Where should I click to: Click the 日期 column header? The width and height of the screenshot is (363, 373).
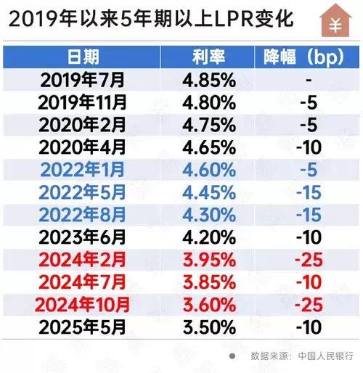pos(83,57)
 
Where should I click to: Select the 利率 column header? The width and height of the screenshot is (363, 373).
pos(207,57)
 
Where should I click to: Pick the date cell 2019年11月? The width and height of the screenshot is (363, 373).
pos(83,102)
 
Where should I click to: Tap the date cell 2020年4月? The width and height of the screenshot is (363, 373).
pos(83,147)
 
